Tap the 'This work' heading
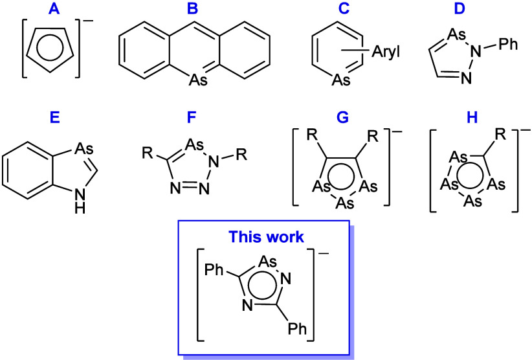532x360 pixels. click(266, 237)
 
